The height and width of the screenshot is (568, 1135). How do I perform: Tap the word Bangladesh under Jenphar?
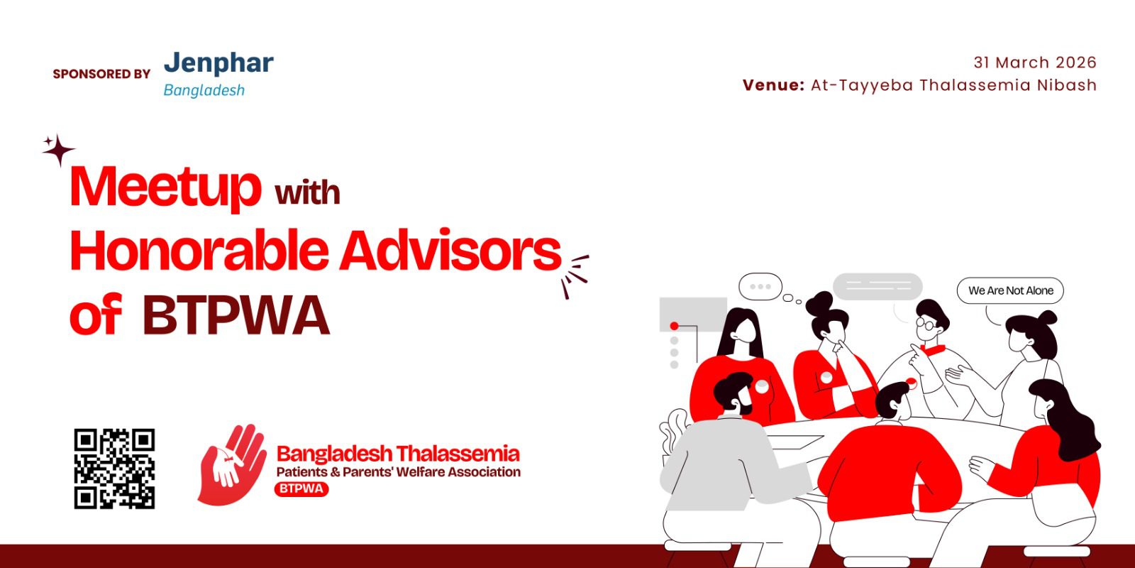click(204, 90)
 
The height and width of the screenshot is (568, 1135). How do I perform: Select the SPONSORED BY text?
click(101, 74)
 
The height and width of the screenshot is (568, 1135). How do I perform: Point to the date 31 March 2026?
click(1035, 62)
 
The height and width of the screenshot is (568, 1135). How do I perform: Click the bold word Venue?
click(774, 84)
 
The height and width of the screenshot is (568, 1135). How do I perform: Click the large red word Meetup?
click(165, 187)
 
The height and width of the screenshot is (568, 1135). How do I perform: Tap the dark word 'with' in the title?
click(307, 193)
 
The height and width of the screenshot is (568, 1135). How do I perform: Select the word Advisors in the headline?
click(450, 251)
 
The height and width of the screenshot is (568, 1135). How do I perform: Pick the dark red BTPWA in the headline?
click(236, 315)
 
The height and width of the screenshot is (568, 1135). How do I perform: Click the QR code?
click(114, 469)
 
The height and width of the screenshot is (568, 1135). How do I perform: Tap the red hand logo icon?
click(232, 464)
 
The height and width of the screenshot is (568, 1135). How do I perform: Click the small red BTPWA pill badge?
click(301, 489)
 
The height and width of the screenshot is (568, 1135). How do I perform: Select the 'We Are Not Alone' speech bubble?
click(1010, 290)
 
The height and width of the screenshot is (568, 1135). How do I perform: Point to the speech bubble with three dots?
click(760, 287)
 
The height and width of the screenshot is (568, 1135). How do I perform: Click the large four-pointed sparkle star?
click(60, 150)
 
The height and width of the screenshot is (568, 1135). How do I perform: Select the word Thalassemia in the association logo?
click(458, 454)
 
